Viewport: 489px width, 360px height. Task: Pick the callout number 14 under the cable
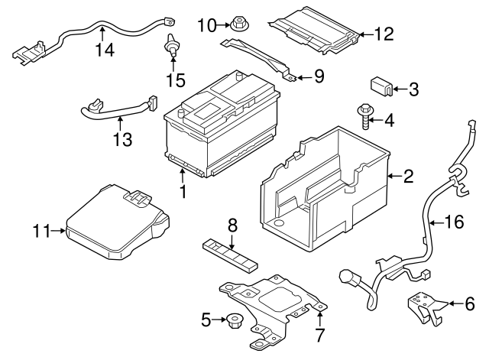[104, 51]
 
